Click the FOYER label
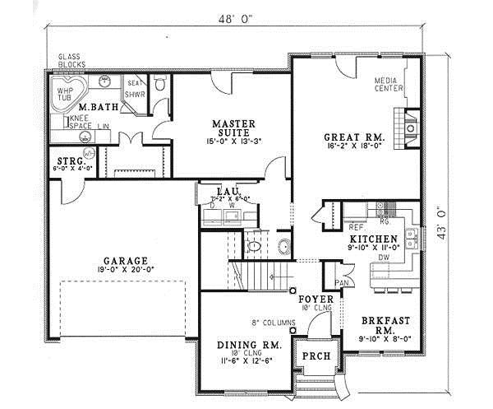[315, 300]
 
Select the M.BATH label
[97, 106]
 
